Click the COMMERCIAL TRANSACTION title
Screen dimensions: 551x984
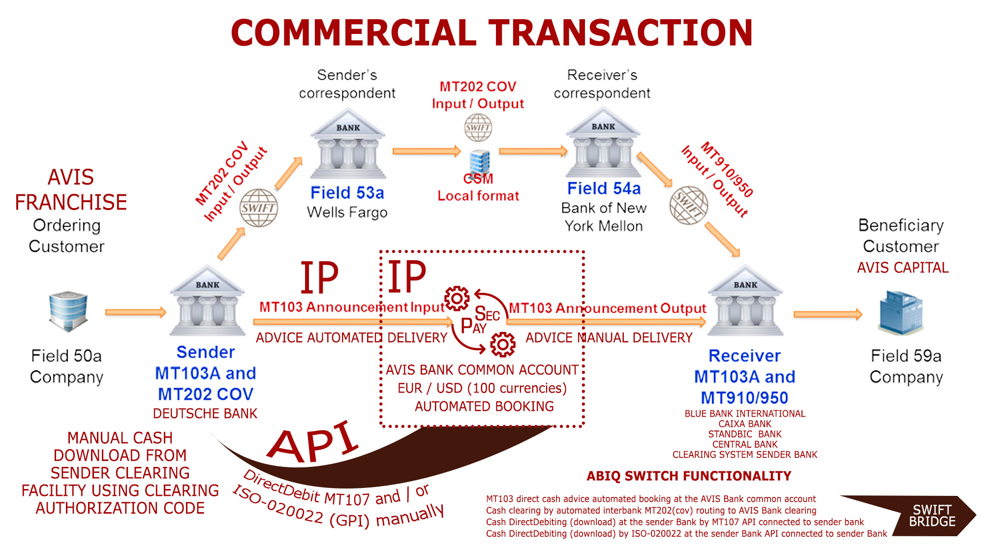coord(492,32)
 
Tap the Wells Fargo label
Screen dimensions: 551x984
coord(347,213)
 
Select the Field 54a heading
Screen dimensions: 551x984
coord(604,188)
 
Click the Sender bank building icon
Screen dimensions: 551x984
coord(207,301)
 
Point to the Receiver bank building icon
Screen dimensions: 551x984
coord(745,301)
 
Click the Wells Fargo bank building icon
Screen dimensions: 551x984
coord(348,144)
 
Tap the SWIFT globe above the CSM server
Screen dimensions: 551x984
coord(478,127)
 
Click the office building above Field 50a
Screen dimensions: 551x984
coord(68,310)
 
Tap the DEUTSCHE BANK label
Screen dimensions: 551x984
coord(205,414)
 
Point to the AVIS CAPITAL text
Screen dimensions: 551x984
coord(903,268)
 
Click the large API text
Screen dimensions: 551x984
coord(313,442)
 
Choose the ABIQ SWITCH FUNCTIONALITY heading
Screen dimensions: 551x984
coord(689,476)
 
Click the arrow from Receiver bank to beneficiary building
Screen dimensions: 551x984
coord(828,314)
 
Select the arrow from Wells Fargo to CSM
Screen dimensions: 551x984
coord(426,151)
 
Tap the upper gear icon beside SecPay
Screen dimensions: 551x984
coord(457,298)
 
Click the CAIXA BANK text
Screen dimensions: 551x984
coord(745,424)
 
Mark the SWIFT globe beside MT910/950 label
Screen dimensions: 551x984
coord(689,205)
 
